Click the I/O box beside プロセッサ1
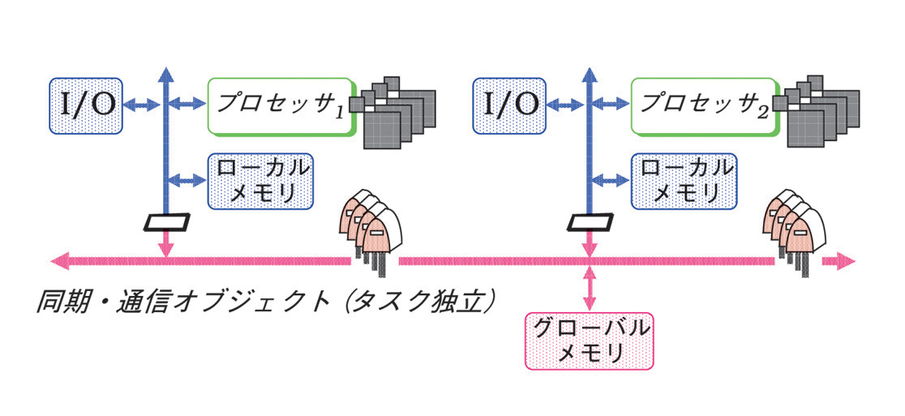click(x=85, y=105)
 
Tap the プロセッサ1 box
click(x=281, y=105)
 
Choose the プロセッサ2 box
click(x=705, y=105)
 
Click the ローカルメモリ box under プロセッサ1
click(x=259, y=180)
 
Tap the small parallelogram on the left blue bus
click(x=165, y=221)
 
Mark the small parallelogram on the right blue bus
click(x=590, y=221)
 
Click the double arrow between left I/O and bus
click(x=142, y=105)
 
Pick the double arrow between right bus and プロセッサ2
click(x=611, y=105)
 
